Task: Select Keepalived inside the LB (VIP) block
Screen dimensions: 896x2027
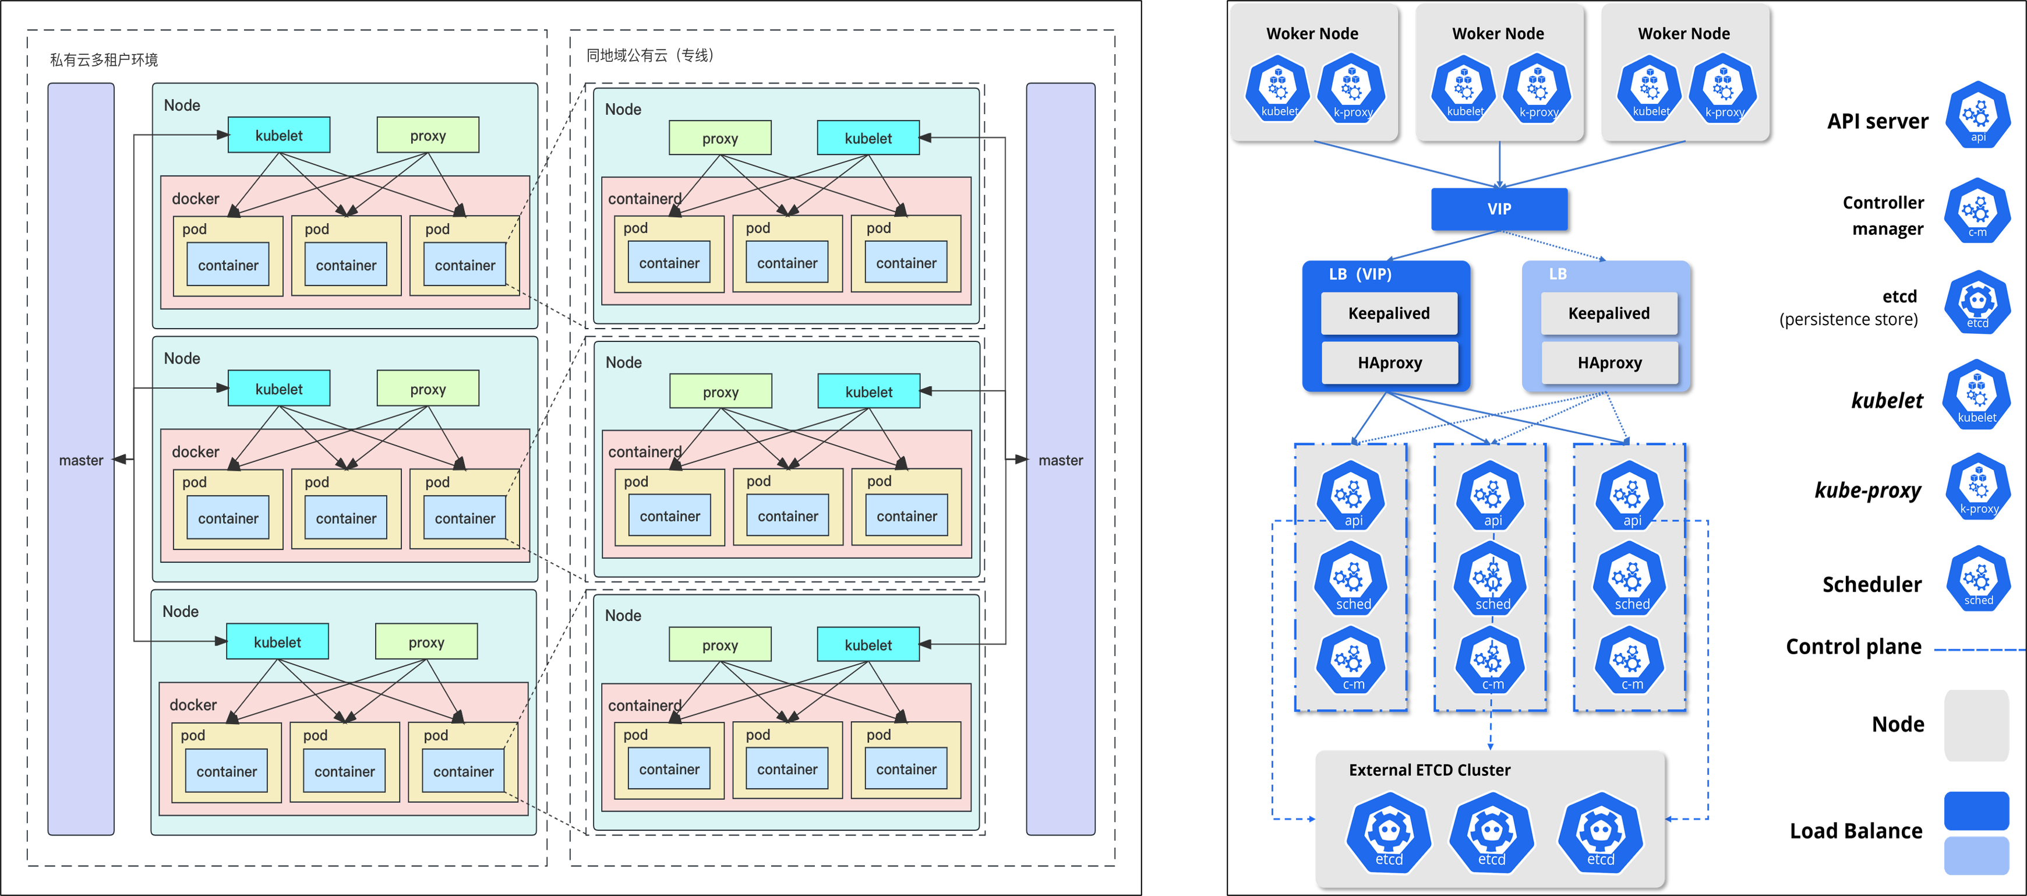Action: (1389, 313)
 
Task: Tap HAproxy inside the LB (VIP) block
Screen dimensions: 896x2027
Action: (1390, 363)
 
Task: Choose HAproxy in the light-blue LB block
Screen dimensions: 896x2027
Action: (1609, 363)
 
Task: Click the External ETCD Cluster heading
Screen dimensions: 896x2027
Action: (1429, 770)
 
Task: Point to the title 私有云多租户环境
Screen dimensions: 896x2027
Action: (104, 60)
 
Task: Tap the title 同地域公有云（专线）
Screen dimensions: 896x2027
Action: (650, 55)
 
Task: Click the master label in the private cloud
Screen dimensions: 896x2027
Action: (81, 461)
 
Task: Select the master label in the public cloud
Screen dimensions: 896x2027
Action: (1060, 461)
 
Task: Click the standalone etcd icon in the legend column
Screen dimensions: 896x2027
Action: (1977, 302)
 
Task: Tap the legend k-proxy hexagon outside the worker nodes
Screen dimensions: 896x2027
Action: (1977, 488)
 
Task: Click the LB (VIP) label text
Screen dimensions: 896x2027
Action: (1359, 274)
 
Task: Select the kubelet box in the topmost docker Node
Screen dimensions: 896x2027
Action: (278, 135)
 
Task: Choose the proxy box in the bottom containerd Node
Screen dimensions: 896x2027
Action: (720, 645)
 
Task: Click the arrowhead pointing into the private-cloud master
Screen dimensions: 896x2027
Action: (119, 460)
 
